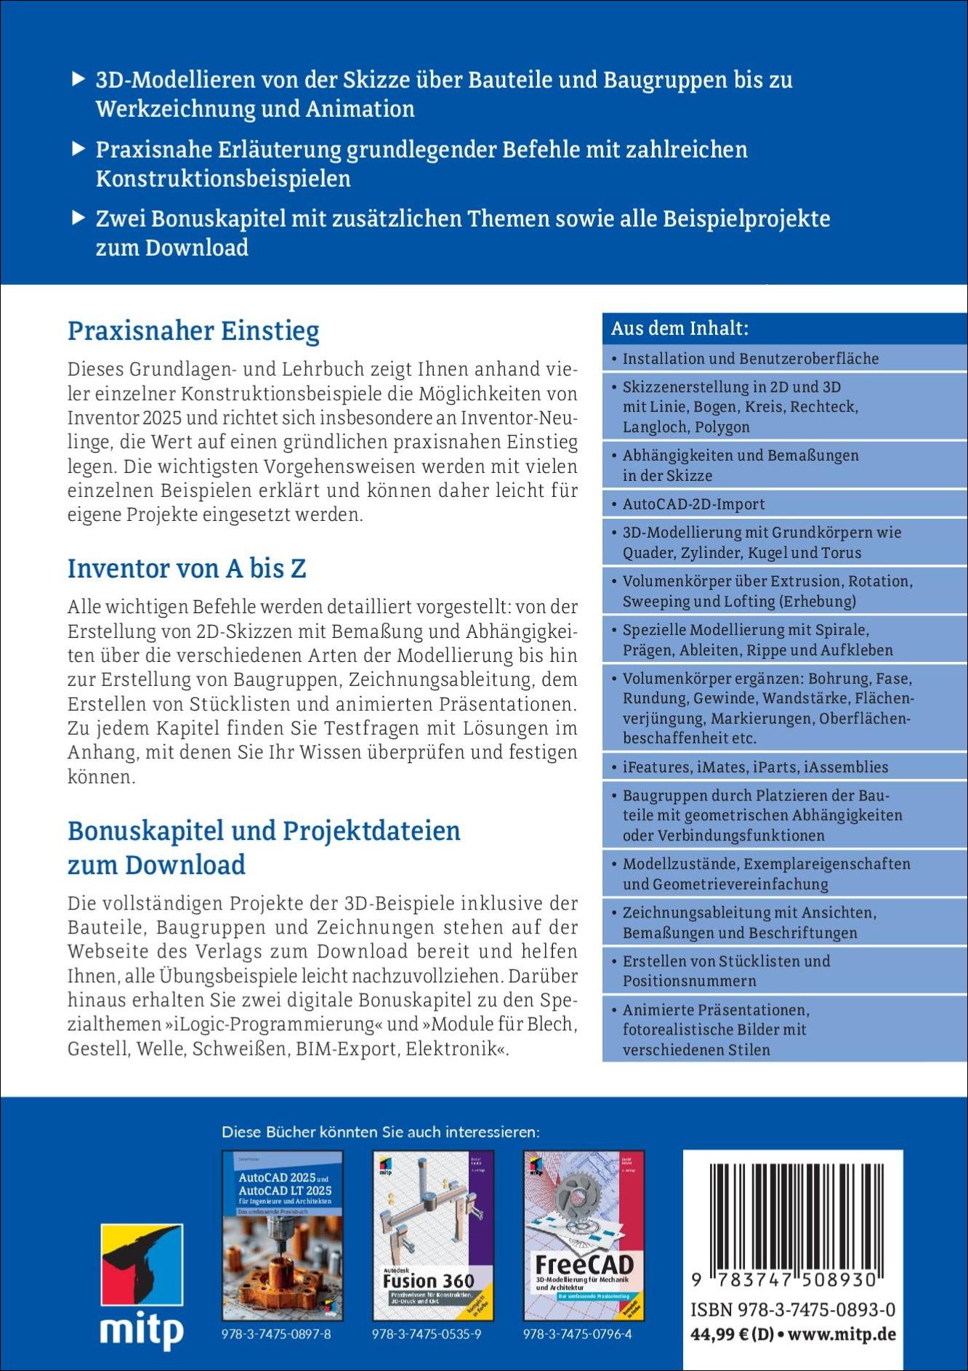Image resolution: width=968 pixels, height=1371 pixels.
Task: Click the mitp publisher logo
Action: (142, 1286)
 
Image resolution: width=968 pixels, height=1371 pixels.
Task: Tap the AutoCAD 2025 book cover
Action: (282, 1235)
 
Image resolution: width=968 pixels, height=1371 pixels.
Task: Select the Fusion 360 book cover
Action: (433, 1235)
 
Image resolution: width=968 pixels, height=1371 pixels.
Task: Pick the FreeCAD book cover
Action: (584, 1235)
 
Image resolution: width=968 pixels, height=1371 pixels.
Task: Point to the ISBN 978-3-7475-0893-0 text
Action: (793, 1310)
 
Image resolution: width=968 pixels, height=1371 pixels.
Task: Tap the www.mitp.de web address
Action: (842, 1335)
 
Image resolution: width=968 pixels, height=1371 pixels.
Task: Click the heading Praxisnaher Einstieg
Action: (193, 331)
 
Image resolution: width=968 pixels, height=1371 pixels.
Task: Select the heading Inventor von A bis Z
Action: (187, 568)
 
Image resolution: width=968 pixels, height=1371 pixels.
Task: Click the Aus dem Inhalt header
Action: (679, 328)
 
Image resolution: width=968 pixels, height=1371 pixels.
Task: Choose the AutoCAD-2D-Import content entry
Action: (693, 503)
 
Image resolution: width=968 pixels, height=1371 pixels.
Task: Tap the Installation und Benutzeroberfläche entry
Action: (751, 358)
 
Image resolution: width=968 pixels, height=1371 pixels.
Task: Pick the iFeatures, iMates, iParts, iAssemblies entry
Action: (755, 767)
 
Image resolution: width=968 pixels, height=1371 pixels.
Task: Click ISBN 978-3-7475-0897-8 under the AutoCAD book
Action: (276, 1335)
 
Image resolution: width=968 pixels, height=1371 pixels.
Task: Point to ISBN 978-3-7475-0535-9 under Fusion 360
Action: (427, 1335)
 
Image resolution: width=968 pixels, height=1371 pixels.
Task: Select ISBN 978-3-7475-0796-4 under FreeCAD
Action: (578, 1335)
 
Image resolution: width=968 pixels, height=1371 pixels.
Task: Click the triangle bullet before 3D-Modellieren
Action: (78, 79)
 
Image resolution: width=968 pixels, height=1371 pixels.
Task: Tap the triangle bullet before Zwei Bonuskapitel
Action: (78, 218)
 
